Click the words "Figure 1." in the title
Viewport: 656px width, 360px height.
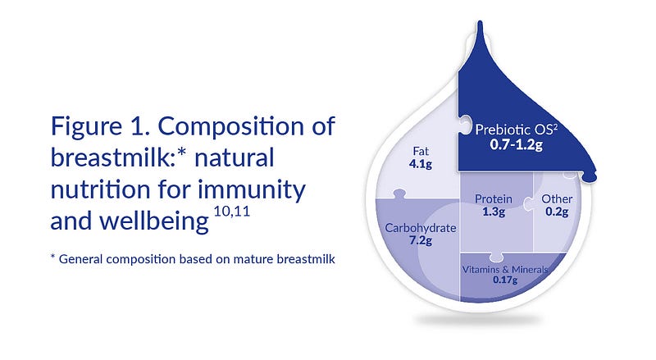pyautogui.click(x=100, y=126)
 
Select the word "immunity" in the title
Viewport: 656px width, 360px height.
pyautogui.click(x=252, y=190)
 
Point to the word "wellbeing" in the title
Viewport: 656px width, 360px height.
pyautogui.click(x=154, y=222)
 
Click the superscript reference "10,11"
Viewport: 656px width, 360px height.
pyautogui.click(x=232, y=211)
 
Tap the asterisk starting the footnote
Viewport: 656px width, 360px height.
pyautogui.click(x=52, y=256)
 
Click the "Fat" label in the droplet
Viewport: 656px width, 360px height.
pyautogui.click(x=421, y=151)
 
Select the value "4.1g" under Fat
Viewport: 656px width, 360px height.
pyautogui.click(x=421, y=163)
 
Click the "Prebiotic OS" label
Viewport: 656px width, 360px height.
pyautogui.click(x=517, y=130)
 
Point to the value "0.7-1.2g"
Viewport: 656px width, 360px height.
pyautogui.click(x=517, y=145)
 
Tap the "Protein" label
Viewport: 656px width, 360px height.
pyautogui.click(x=494, y=198)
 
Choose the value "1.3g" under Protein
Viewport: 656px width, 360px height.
pyautogui.click(x=494, y=212)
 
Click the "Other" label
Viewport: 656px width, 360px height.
pyautogui.click(x=557, y=198)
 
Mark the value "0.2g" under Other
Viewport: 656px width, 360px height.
pyautogui.click(x=557, y=212)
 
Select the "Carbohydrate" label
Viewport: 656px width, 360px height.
pyautogui.click(x=421, y=228)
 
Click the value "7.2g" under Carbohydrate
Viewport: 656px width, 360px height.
pyautogui.click(x=421, y=240)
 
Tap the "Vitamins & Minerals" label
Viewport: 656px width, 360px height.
pyautogui.click(x=505, y=269)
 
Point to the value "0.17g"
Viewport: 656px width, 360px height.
pyautogui.click(x=505, y=280)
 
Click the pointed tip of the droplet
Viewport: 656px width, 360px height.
pyautogui.click(x=480, y=22)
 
